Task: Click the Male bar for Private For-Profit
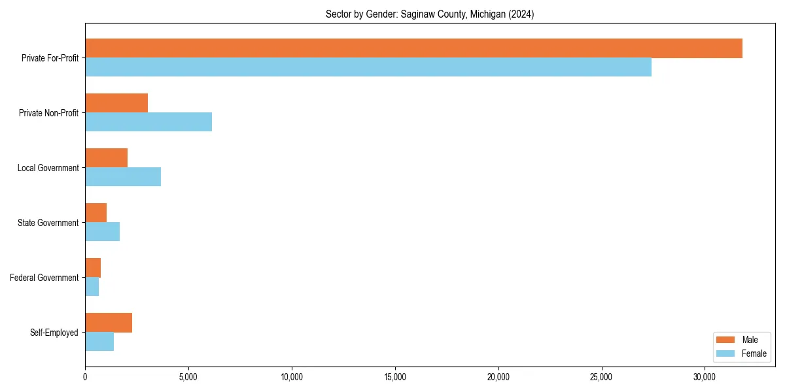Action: tap(413, 48)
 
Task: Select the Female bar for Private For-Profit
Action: tap(368, 67)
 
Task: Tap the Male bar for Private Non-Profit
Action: tap(116, 103)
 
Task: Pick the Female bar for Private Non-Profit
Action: tap(148, 122)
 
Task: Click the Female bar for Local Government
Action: tap(123, 177)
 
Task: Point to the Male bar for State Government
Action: tap(96, 213)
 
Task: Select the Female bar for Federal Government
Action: tap(92, 287)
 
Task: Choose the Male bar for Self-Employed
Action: tap(109, 323)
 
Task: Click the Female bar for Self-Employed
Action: tap(99, 342)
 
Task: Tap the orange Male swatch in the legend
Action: tap(726, 340)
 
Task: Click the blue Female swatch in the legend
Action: tap(726, 353)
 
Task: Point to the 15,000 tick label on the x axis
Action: tap(395, 377)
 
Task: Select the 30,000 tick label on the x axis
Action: tap(705, 377)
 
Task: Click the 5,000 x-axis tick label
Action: tap(188, 377)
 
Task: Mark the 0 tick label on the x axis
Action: tap(85, 377)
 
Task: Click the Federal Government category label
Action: tap(44, 278)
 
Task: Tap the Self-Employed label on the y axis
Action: tap(54, 333)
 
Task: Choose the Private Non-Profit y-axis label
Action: tap(48, 113)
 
